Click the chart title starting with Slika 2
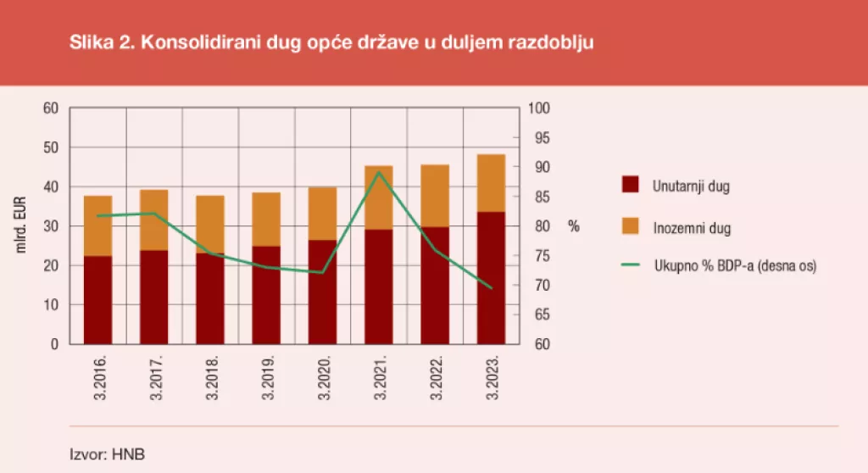click(x=331, y=43)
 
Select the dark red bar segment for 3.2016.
click(x=97, y=300)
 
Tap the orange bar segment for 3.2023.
click(x=491, y=183)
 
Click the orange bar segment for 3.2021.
click(x=378, y=198)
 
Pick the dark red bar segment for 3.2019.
click(x=266, y=295)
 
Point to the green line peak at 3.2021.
click(x=378, y=172)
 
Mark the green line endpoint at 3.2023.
click(x=491, y=288)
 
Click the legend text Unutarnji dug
click(x=691, y=186)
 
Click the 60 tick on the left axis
click(x=51, y=109)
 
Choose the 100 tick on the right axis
click(x=540, y=109)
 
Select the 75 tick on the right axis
click(x=540, y=256)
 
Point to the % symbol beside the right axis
click(x=574, y=226)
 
